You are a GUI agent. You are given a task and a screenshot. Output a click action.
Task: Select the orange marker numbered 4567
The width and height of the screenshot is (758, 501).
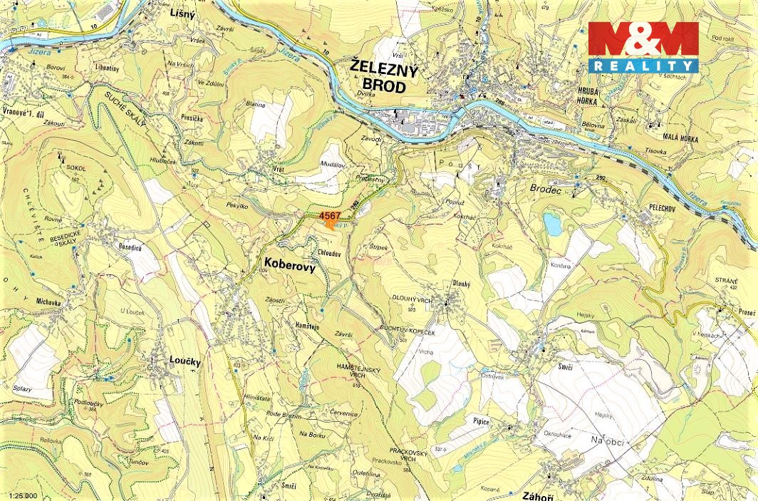coord(331,223)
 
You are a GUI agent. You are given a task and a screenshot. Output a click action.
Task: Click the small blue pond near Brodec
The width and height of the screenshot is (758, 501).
coord(552,224)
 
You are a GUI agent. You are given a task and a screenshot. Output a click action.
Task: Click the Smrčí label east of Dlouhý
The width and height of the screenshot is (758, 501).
coord(566,366)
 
